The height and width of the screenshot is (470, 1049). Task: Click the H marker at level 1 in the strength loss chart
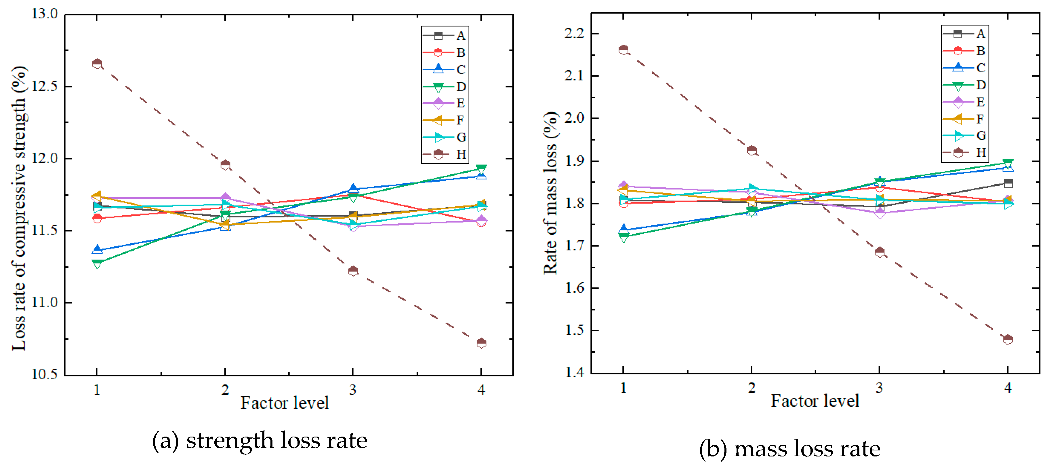pyautogui.click(x=97, y=64)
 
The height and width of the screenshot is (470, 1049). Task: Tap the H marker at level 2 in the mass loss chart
pyautogui.click(x=752, y=150)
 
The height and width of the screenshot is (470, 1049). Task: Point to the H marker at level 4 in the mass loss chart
pyautogui.click(x=1008, y=339)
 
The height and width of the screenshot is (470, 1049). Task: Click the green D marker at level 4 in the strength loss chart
pyautogui.click(x=481, y=169)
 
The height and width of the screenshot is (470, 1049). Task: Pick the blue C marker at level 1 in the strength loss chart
pyautogui.click(x=97, y=249)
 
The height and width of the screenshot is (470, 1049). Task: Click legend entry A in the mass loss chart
pyautogui.click(x=965, y=34)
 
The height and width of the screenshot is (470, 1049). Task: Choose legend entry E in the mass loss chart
pyautogui.click(x=965, y=102)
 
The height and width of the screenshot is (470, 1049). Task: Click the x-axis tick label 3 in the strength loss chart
pyautogui.click(x=353, y=390)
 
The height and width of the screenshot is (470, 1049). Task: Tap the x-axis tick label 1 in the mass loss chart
pyautogui.click(x=623, y=388)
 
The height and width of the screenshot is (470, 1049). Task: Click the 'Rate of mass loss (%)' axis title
pyautogui.click(x=551, y=193)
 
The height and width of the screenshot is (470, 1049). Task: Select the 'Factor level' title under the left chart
pyautogui.click(x=284, y=403)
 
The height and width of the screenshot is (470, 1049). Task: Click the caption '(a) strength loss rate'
pyautogui.click(x=260, y=441)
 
